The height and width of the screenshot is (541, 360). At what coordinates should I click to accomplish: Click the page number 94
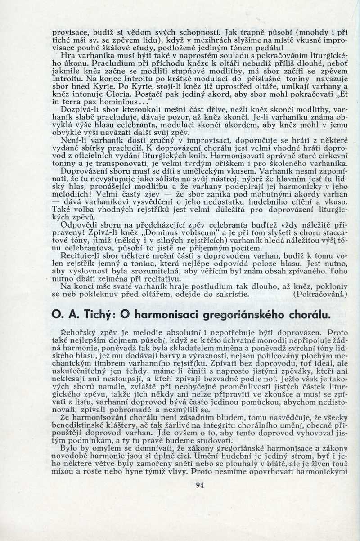pyautogui.click(x=201, y=485)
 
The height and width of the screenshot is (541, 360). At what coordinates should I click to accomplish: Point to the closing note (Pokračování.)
pyautogui.click(x=320, y=295)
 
